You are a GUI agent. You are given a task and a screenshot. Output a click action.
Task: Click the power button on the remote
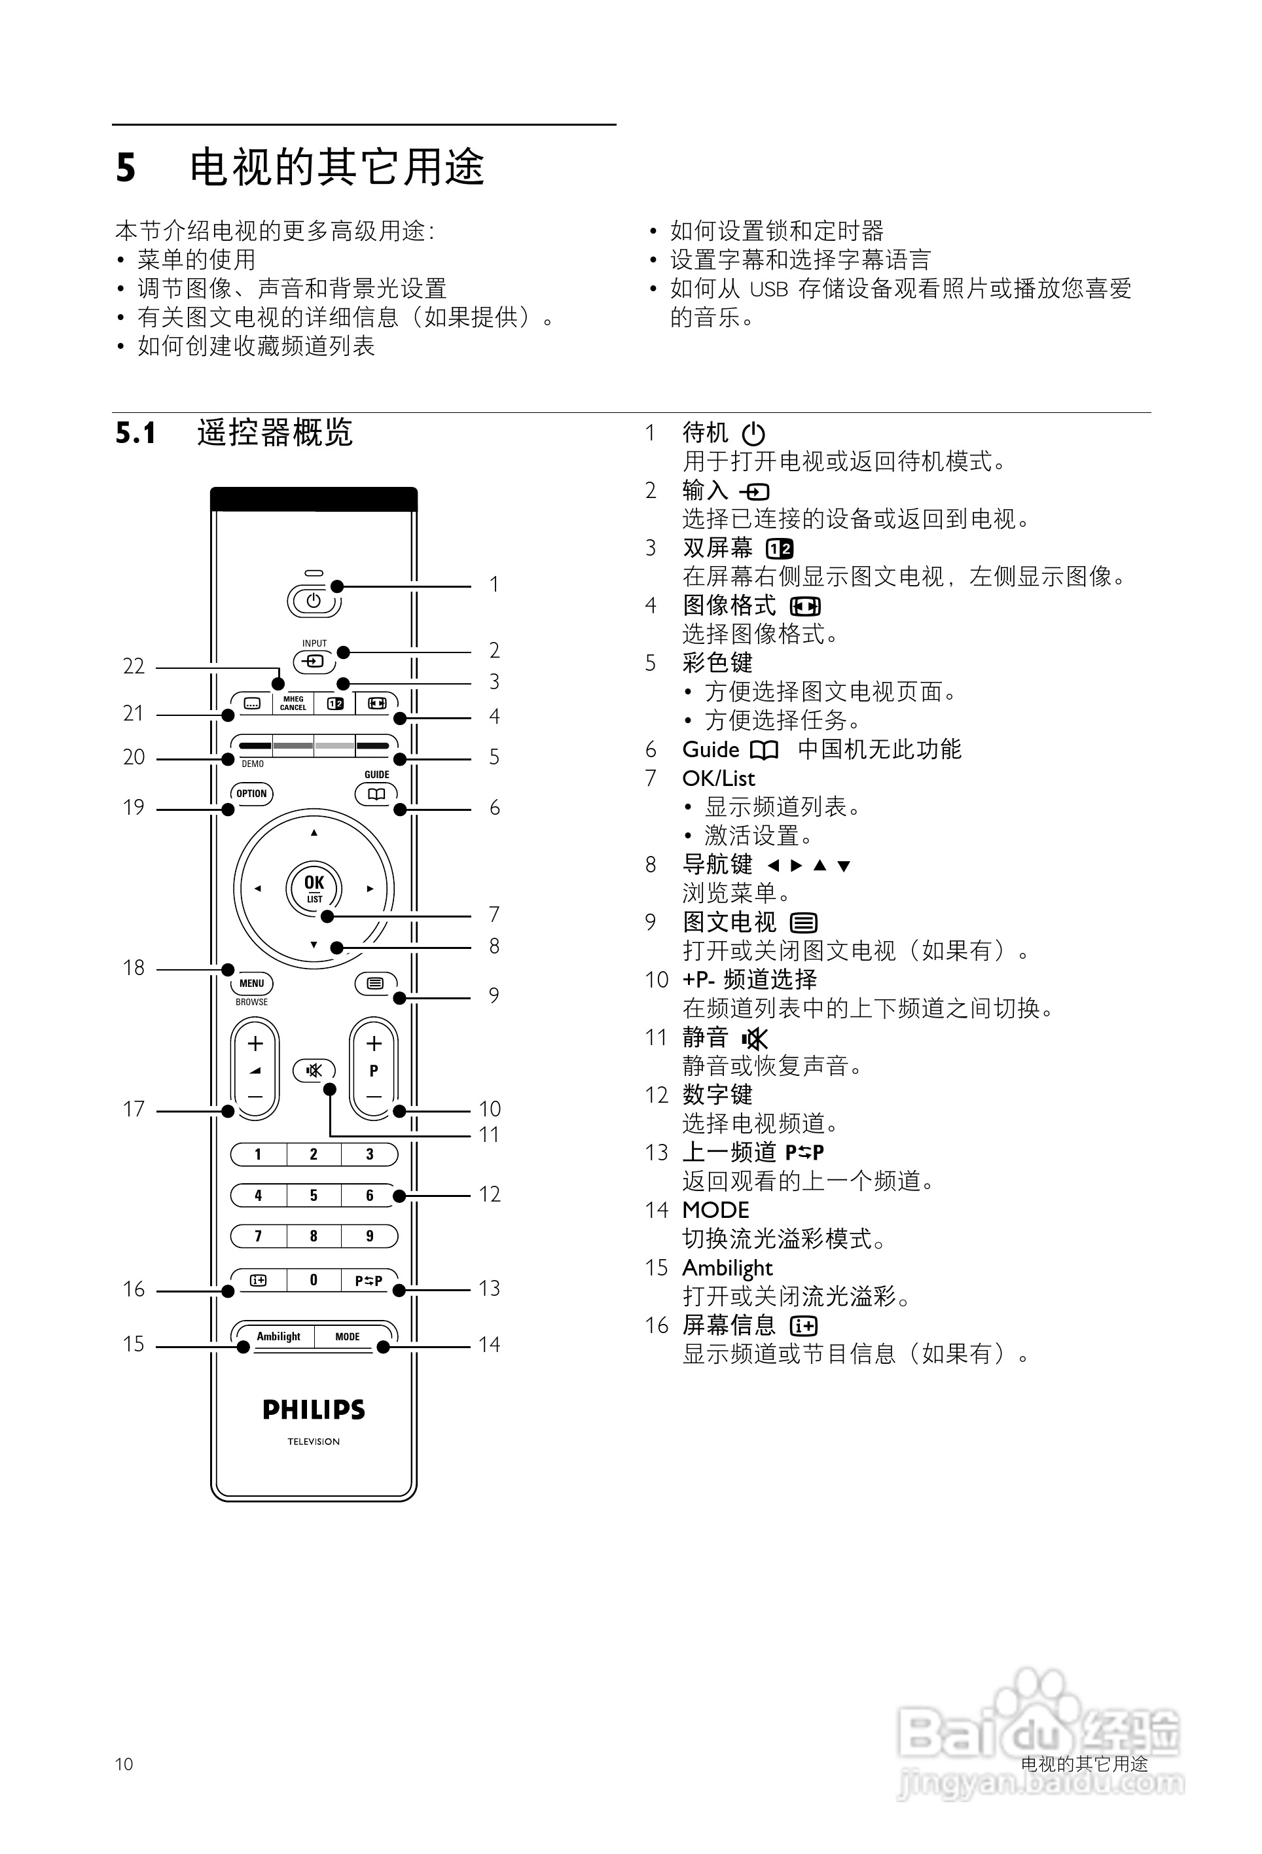click(314, 601)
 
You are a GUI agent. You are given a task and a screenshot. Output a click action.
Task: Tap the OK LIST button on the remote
click(314, 887)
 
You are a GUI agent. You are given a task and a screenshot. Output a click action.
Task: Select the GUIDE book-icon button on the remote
click(376, 794)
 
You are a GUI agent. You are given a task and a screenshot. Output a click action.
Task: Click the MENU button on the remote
click(251, 984)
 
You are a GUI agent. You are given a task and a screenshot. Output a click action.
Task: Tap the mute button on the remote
click(314, 1070)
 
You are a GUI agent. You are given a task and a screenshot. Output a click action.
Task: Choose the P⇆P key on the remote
click(369, 1281)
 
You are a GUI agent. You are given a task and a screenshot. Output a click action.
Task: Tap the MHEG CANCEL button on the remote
click(293, 703)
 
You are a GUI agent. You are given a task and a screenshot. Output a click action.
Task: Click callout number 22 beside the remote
click(134, 666)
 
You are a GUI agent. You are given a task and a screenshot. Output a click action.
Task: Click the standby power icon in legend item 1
click(753, 434)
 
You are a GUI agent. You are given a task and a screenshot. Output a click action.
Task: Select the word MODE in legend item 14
click(715, 1210)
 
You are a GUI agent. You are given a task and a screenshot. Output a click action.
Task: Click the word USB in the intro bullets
click(769, 289)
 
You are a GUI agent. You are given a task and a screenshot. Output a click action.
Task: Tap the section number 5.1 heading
click(135, 433)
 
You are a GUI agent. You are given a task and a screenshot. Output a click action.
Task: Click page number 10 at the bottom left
click(124, 1764)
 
